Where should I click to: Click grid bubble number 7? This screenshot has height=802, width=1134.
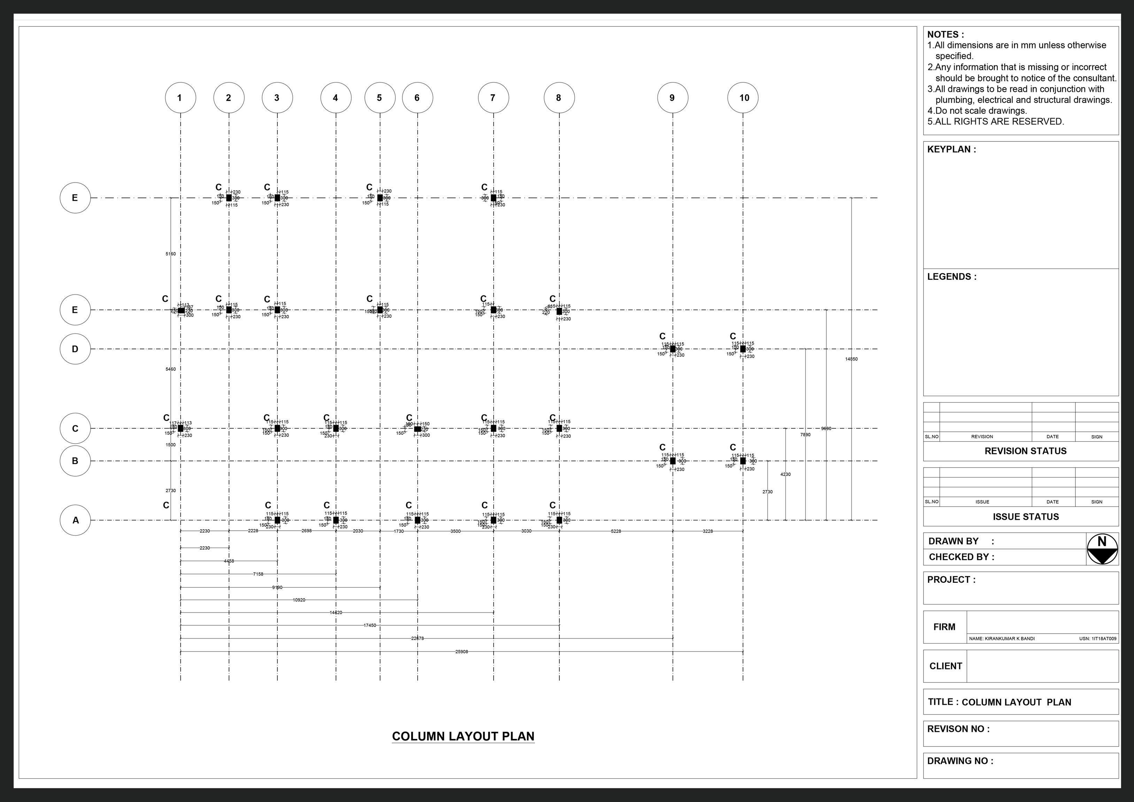pyautogui.click(x=493, y=98)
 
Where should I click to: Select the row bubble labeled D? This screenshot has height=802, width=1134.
pyautogui.click(x=75, y=349)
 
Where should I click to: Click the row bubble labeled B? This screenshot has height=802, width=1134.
pyautogui.click(x=75, y=461)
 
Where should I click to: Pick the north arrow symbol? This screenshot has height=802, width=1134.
pyautogui.click(x=1102, y=549)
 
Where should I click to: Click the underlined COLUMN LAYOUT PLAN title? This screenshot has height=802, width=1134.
pyautogui.click(x=463, y=736)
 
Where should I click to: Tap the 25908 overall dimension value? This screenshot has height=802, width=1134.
pyautogui.click(x=461, y=652)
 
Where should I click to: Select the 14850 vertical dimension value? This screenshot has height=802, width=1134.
pyautogui.click(x=851, y=359)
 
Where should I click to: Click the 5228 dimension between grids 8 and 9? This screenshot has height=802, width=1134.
pyautogui.click(x=615, y=531)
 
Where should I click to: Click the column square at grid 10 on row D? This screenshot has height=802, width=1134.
pyautogui.click(x=743, y=349)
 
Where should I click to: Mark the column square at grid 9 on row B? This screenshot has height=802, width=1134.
pyautogui.click(x=673, y=461)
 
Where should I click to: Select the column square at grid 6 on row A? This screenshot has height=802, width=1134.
pyautogui.click(x=417, y=520)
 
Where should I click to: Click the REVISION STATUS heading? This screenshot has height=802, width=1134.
pyautogui.click(x=1025, y=451)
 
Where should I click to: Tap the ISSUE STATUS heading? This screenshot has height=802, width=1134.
pyautogui.click(x=1025, y=517)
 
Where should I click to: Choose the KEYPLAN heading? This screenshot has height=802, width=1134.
pyautogui.click(x=951, y=149)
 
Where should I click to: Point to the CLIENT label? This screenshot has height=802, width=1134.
pyautogui.click(x=945, y=666)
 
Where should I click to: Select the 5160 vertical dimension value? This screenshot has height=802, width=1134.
pyautogui.click(x=170, y=254)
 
